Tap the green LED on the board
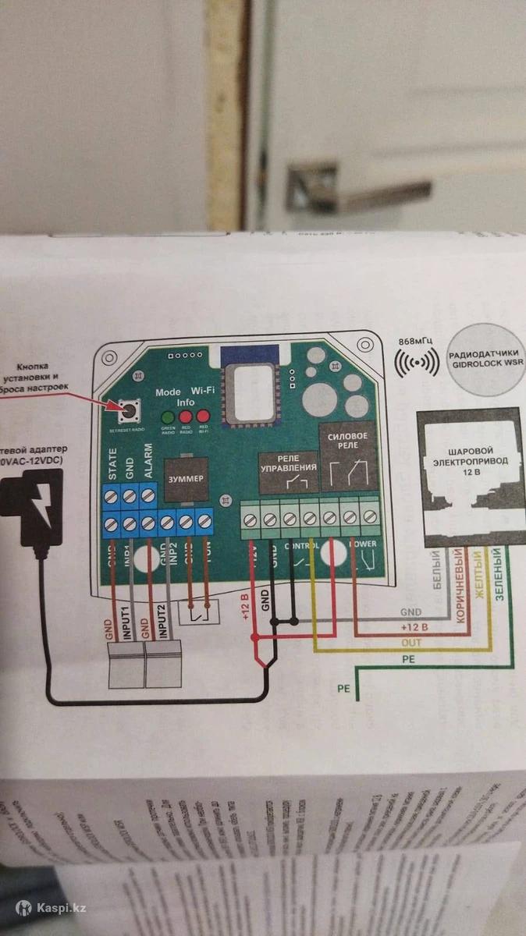167,417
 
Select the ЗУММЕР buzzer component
185,477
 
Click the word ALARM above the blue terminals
148,459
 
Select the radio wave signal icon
414,363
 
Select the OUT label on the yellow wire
411,642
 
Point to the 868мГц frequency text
414,341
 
